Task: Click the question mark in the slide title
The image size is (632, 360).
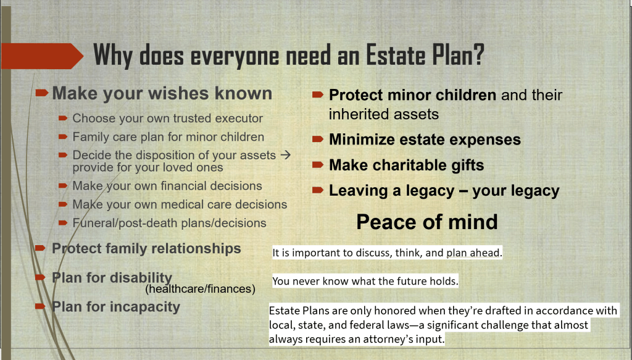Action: [478, 54]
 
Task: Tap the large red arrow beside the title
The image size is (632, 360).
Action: [42, 56]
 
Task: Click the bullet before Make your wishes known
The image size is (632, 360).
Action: [42, 93]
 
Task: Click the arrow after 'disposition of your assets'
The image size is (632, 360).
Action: [285, 155]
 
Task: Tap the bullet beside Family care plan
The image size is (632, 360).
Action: [63, 136]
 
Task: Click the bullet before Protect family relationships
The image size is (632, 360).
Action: [40, 248]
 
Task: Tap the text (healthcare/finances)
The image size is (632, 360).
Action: [201, 289]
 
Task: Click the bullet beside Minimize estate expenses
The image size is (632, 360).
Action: [318, 140]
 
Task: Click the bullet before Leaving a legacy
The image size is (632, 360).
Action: [318, 190]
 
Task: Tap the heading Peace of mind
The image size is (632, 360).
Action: [427, 222]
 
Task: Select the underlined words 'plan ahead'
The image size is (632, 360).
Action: [473, 253]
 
